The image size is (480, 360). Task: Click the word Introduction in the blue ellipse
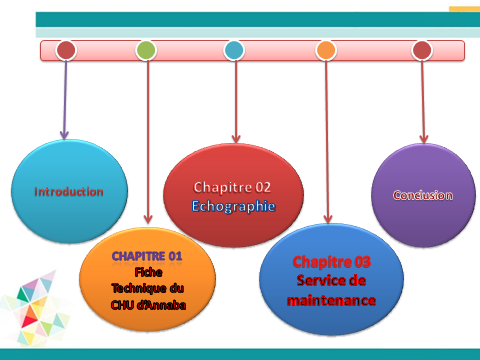(69, 192)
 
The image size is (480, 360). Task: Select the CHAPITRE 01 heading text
(147, 256)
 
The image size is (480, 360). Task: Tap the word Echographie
(233, 206)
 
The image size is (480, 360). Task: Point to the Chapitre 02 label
(232, 187)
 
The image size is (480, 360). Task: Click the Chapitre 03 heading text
(332, 262)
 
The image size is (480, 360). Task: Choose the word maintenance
(331, 301)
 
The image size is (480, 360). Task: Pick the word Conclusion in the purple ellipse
(423, 195)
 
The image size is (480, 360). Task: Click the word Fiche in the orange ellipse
(148, 272)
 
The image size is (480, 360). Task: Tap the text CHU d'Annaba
(148, 305)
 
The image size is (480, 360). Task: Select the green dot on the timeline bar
(146, 50)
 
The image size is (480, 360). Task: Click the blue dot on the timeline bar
(234, 50)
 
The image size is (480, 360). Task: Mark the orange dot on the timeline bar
(326, 50)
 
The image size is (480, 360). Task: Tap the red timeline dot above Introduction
(66, 50)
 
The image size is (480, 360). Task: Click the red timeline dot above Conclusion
(422, 50)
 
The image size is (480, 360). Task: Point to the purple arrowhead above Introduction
(64, 135)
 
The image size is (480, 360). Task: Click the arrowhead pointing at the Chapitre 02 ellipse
(236, 139)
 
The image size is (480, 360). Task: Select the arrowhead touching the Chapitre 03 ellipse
(328, 219)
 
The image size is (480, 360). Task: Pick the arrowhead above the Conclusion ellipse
(424, 139)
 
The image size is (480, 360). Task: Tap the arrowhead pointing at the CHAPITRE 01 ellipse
(148, 219)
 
